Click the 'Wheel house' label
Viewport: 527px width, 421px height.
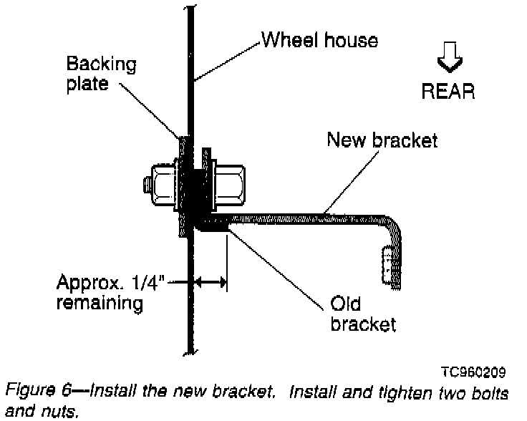tap(319, 39)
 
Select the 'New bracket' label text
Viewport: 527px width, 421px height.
tap(381, 140)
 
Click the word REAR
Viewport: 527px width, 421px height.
tap(448, 92)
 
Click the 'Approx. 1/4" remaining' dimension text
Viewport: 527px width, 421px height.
tap(100, 292)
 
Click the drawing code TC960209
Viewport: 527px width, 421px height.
tap(473, 372)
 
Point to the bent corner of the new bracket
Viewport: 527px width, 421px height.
tap(395, 226)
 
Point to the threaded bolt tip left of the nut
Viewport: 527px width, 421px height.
tap(145, 185)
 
